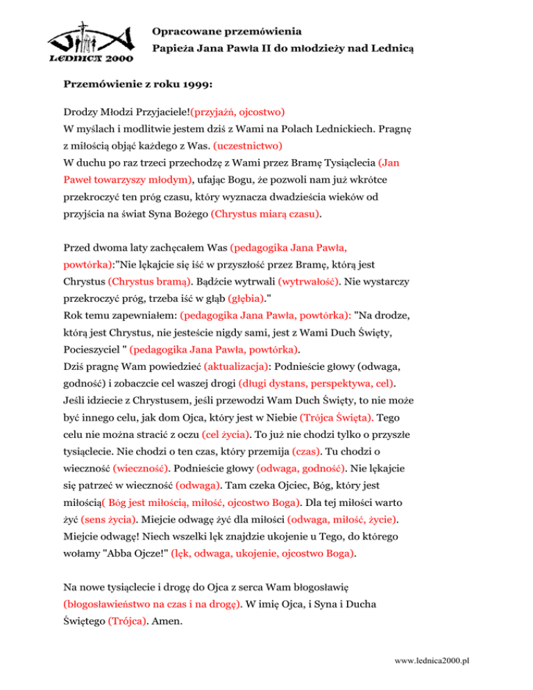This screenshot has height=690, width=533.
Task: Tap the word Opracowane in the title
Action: pos(181,31)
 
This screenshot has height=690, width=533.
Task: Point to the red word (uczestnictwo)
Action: pos(247,147)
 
